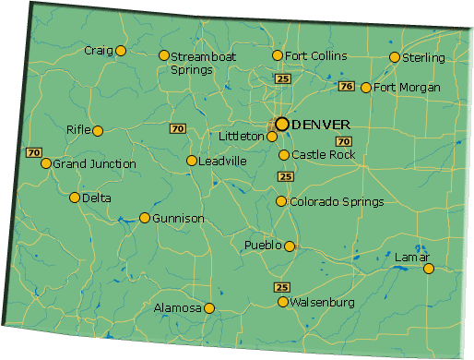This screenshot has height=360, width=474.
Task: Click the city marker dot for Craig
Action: (x=120, y=51)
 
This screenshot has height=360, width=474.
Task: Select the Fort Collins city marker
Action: (x=277, y=56)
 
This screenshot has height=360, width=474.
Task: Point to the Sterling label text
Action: (x=424, y=58)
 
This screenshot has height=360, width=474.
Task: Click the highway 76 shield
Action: (x=346, y=87)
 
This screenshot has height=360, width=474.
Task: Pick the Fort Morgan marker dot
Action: (x=366, y=88)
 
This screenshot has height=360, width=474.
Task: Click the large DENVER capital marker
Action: (x=282, y=124)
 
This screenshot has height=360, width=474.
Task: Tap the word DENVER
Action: (x=320, y=124)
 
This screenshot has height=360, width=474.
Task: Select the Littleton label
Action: (x=242, y=137)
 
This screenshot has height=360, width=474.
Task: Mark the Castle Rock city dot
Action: (x=284, y=155)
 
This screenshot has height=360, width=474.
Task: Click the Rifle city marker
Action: (x=97, y=130)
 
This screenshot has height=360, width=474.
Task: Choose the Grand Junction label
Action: (x=94, y=164)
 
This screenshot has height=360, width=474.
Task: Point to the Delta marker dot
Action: (x=75, y=198)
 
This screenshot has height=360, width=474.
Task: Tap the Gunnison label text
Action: (x=179, y=219)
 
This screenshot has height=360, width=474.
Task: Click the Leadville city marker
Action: (x=191, y=161)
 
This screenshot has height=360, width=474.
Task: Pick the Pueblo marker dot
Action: (x=290, y=246)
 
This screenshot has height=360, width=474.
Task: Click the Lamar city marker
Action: (x=428, y=269)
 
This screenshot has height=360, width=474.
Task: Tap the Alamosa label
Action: (x=178, y=308)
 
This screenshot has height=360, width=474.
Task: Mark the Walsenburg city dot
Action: (x=283, y=302)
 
